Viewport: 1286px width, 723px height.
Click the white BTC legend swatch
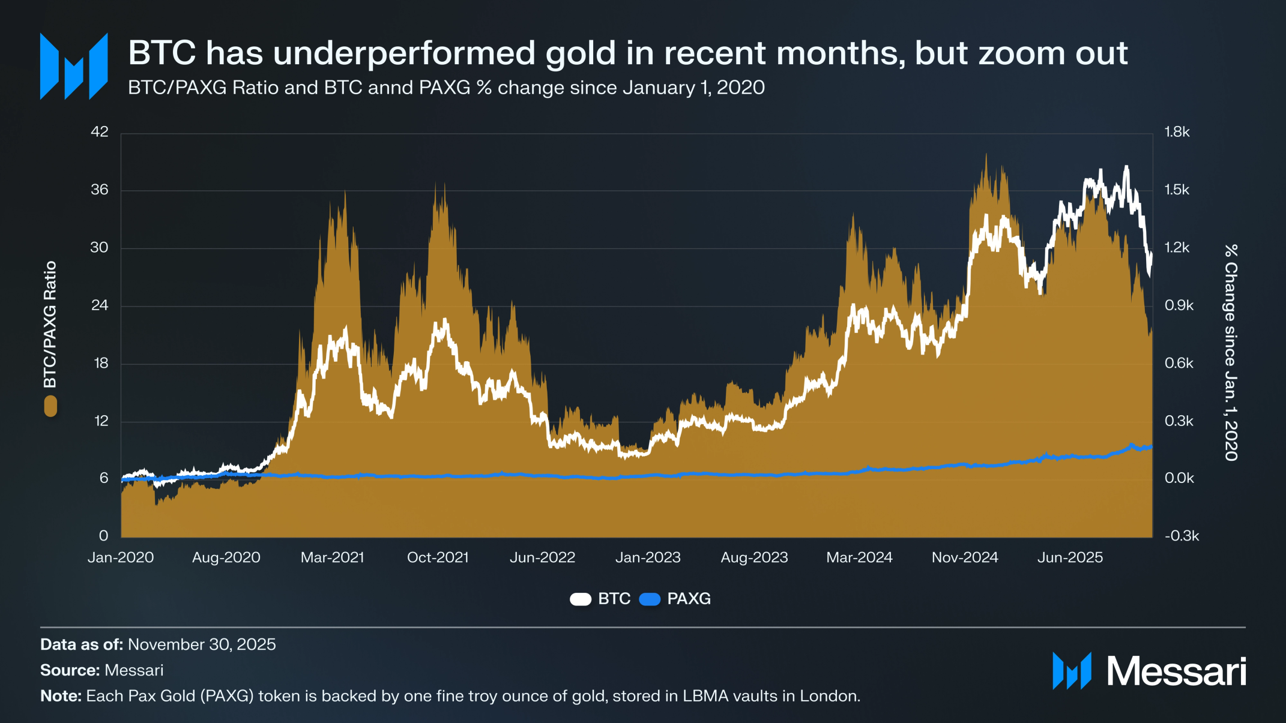(x=581, y=599)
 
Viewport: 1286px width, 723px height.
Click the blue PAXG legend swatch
(x=650, y=599)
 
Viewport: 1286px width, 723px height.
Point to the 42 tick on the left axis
(x=100, y=132)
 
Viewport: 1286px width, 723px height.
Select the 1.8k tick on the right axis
(x=1177, y=132)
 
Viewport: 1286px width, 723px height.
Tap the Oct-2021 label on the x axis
(x=438, y=557)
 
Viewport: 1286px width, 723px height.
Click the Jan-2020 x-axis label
(x=121, y=557)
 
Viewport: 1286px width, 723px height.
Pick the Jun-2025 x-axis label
(x=1070, y=557)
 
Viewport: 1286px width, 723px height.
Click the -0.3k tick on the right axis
(x=1182, y=536)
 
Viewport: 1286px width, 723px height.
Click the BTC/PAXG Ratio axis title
(x=50, y=324)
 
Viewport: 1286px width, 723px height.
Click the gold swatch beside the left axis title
(x=50, y=406)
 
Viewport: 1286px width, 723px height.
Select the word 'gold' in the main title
(x=581, y=53)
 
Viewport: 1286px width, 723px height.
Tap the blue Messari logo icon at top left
(x=74, y=66)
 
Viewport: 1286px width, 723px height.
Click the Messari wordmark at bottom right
(x=1176, y=671)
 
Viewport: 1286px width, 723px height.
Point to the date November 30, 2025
(x=202, y=644)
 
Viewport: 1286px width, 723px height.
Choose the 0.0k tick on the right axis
(x=1179, y=478)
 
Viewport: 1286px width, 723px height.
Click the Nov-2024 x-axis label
(x=965, y=557)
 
